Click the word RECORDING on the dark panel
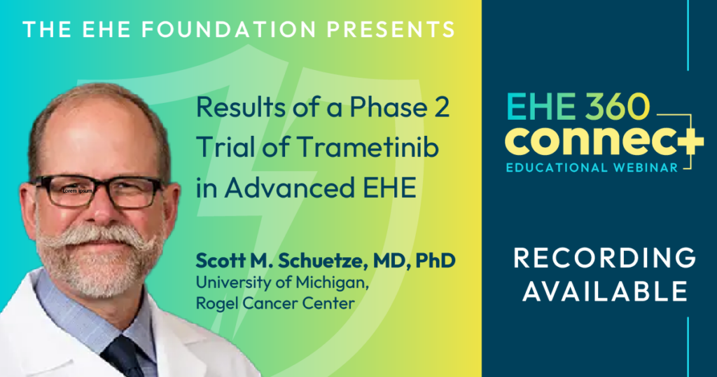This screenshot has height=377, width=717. pos(604,259)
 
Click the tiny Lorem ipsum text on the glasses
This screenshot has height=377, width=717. pos(78,189)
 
